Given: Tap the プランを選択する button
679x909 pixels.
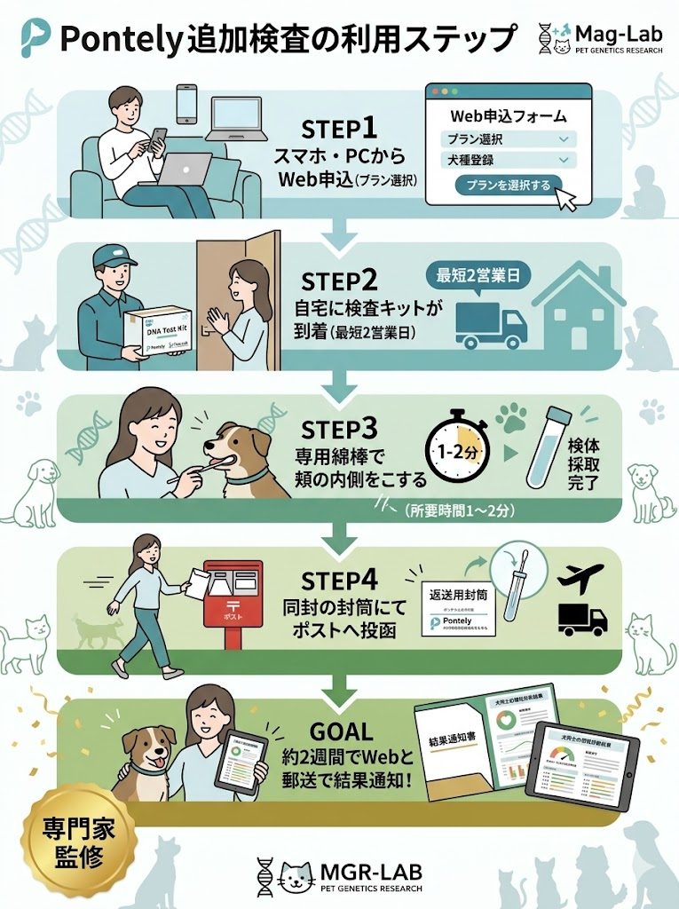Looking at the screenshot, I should pos(502,185).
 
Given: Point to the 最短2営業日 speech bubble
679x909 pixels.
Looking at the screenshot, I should pos(479,276).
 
